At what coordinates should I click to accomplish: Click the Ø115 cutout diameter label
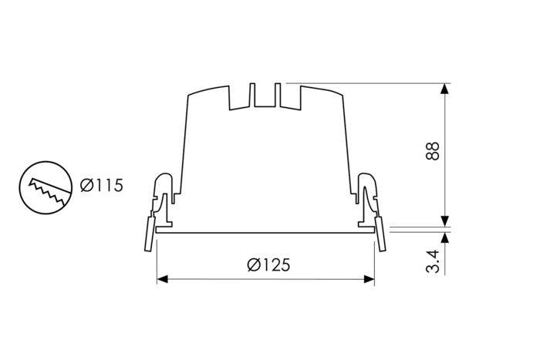click(101, 186)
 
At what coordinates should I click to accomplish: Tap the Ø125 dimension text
click(268, 264)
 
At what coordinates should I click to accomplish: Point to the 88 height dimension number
click(433, 150)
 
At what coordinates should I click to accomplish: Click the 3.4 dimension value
click(433, 261)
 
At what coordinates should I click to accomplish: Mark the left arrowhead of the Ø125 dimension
click(161, 279)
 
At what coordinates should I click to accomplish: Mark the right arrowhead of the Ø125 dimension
click(370, 279)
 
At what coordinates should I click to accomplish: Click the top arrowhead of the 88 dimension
click(444, 89)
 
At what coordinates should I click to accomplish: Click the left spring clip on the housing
click(164, 197)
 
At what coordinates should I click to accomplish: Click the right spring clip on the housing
click(367, 197)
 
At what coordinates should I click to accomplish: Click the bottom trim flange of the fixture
click(265, 230)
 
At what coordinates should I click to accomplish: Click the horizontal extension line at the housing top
click(363, 82)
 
